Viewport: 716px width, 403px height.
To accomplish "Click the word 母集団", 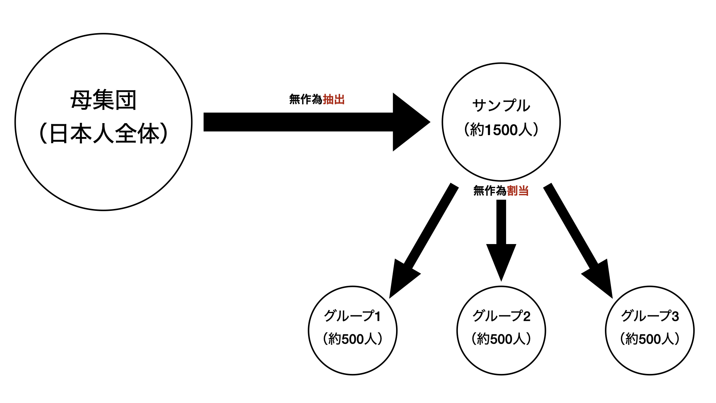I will tap(103, 100).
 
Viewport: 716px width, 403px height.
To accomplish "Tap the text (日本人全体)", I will tap(103, 134).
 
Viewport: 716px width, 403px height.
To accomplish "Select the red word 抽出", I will tap(334, 99).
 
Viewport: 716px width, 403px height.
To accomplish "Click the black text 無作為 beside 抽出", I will tap(305, 99).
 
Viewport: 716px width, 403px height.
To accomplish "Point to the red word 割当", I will tap(518, 191).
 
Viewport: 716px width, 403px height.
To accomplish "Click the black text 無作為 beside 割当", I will tap(490, 191).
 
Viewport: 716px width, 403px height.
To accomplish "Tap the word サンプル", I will tap(501, 106).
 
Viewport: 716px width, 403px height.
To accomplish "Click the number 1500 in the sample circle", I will tap(501, 130).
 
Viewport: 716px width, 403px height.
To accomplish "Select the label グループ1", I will tap(352, 316).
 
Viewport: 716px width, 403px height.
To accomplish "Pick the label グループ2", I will tap(501, 316).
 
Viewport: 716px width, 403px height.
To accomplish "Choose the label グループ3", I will tap(650, 316).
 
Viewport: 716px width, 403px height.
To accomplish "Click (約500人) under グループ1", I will tap(352, 339).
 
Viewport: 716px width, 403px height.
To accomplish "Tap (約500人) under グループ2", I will tap(501, 339).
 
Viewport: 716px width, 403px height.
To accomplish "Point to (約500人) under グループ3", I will tap(650, 339).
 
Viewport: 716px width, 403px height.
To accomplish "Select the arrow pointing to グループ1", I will tap(425, 239).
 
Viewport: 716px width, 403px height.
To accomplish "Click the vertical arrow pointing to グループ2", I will tap(501, 239).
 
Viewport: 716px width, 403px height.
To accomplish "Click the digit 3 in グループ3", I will tap(675, 316).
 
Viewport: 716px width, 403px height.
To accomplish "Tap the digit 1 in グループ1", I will tap(378, 316).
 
